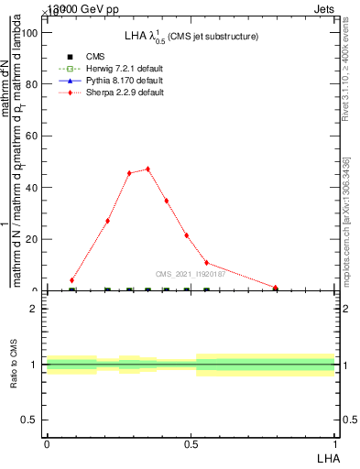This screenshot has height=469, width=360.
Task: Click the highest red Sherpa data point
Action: [x=147, y=169]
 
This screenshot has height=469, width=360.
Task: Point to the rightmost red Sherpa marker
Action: [x=276, y=288]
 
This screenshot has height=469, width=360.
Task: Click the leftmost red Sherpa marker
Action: [x=72, y=279]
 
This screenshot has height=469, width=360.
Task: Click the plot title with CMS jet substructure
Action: [x=191, y=37]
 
